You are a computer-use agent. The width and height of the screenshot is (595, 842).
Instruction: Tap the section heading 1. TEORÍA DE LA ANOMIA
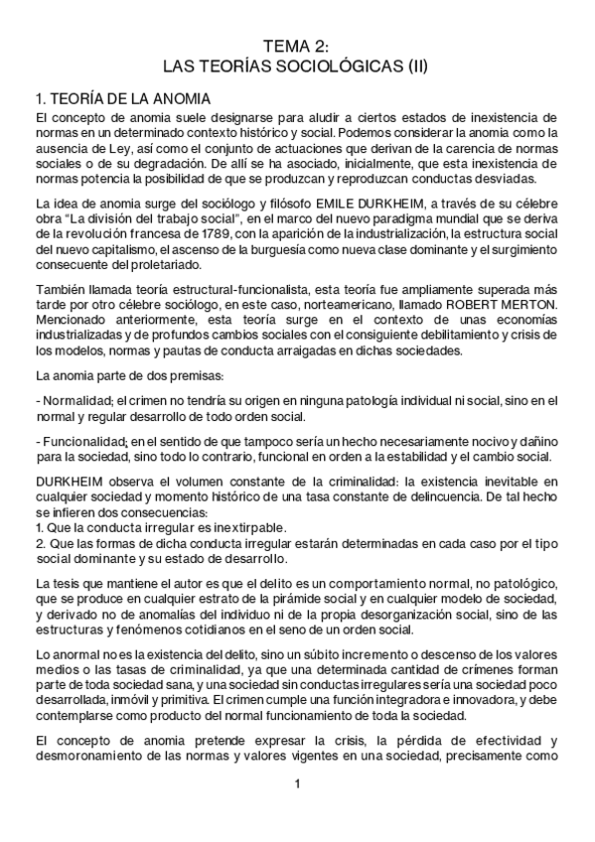pos(121,99)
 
